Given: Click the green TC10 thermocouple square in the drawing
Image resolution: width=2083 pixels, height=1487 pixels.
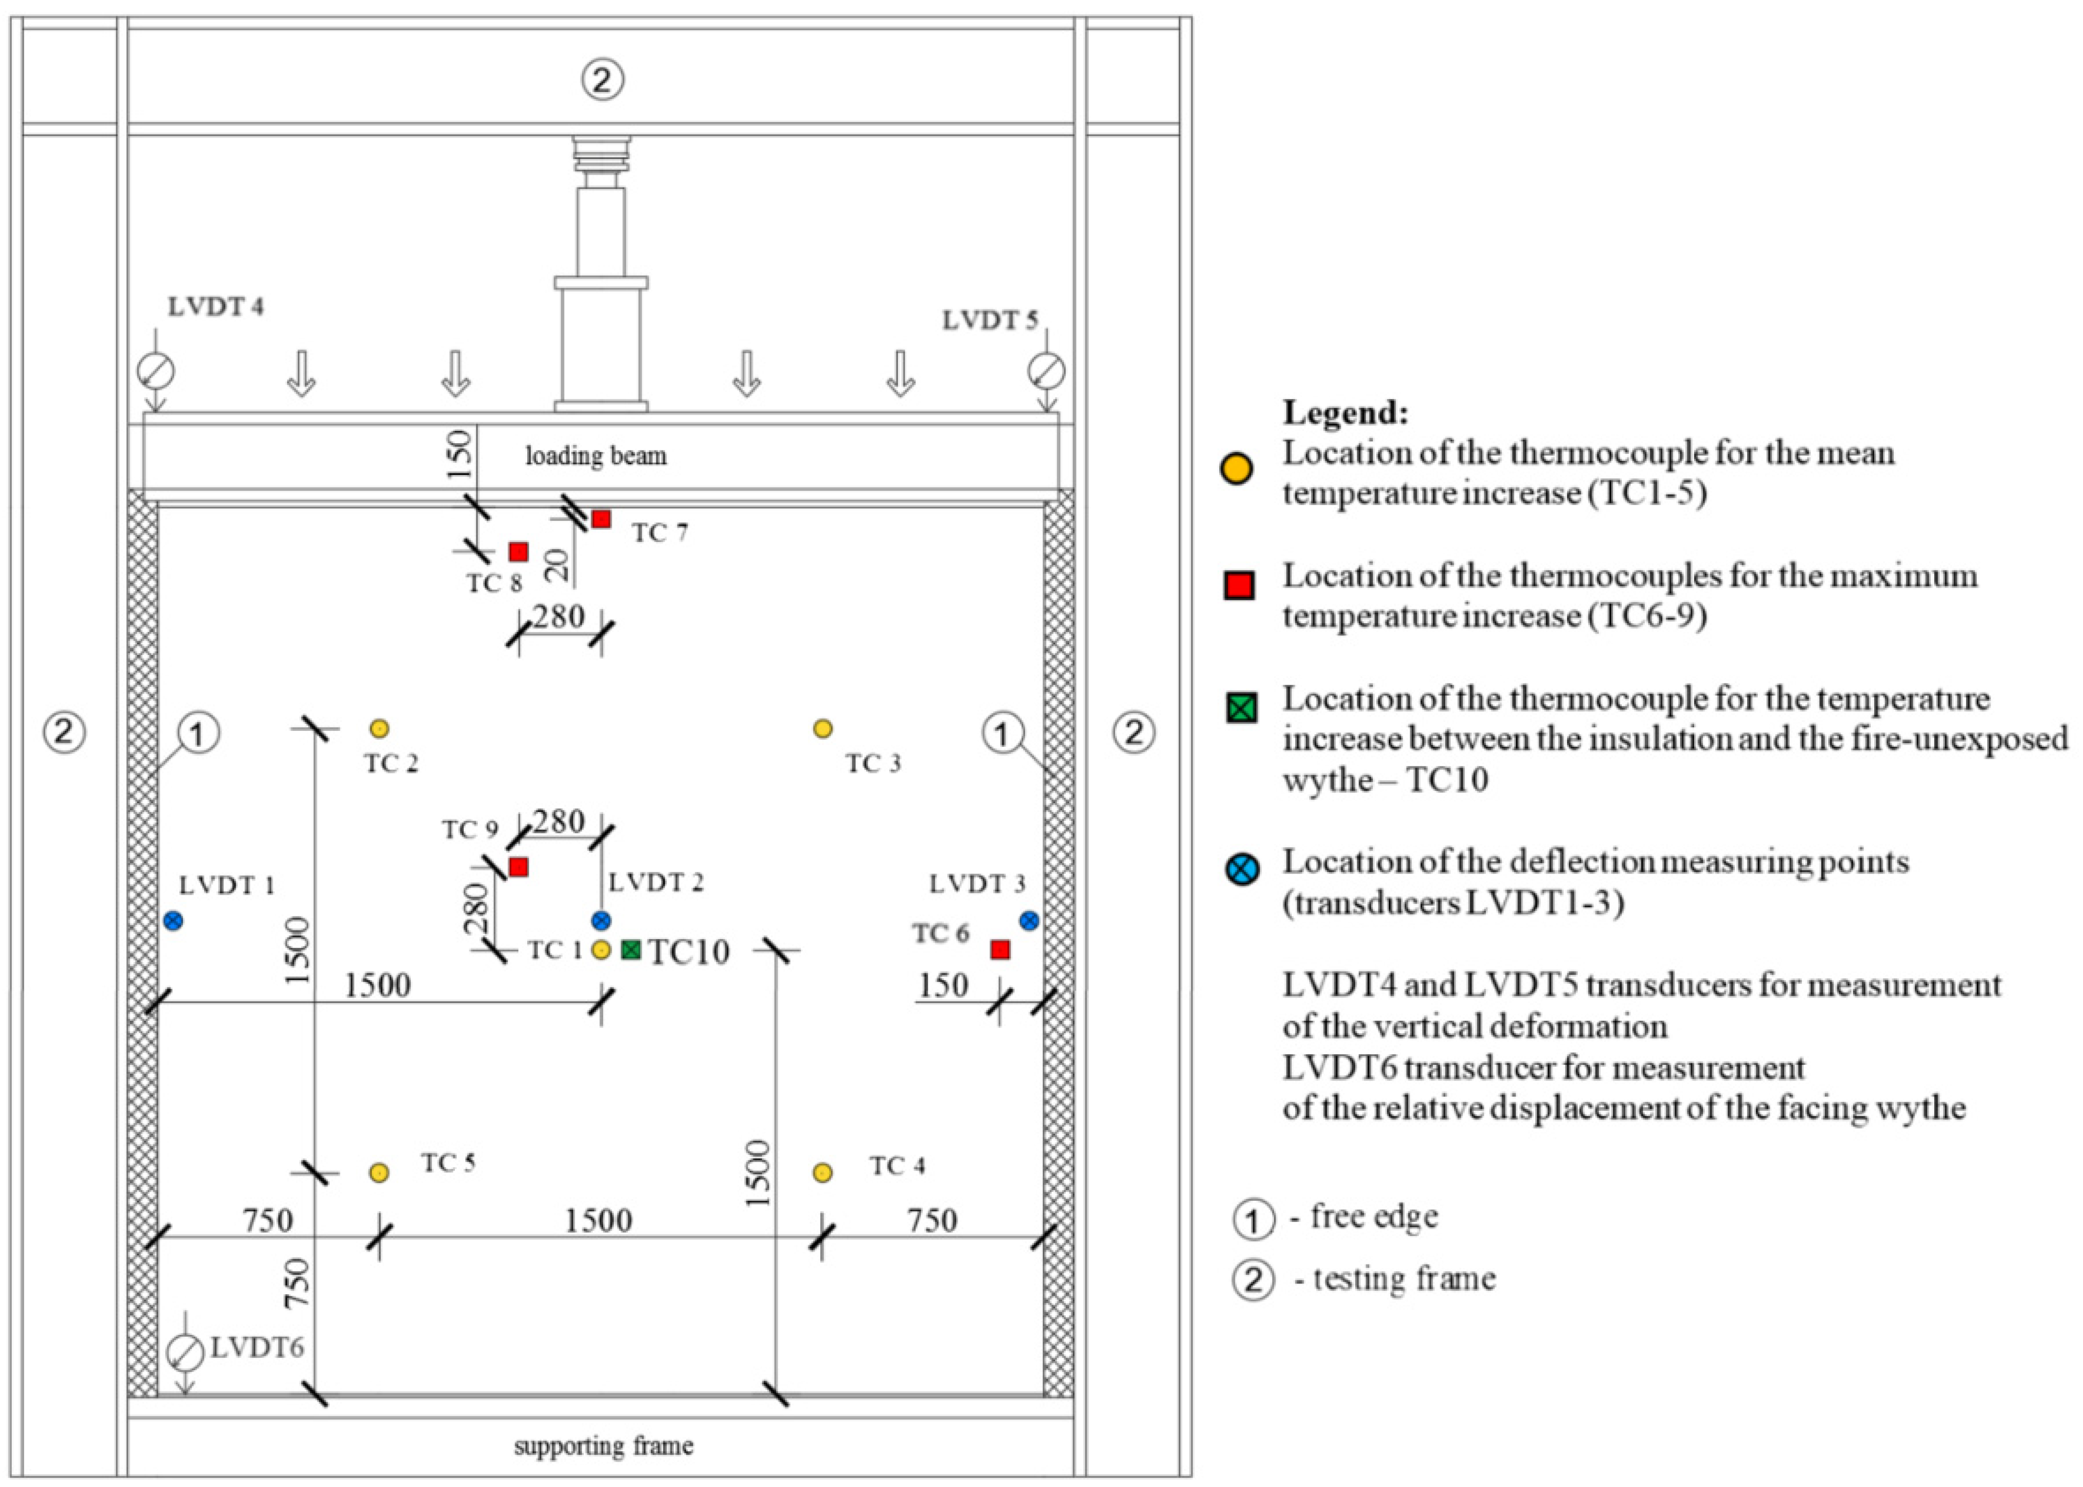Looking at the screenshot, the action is pos(631,949).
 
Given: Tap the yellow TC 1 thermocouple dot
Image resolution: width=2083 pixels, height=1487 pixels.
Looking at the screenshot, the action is pos(601,949).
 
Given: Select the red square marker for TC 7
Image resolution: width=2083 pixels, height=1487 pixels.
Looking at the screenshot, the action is pos(601,519).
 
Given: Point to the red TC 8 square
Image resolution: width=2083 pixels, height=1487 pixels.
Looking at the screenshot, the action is pos(518,551).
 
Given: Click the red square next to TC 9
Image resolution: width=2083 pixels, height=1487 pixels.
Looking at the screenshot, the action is pos(518,866).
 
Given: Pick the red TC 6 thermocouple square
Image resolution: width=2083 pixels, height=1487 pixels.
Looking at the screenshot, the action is pos(1000,949).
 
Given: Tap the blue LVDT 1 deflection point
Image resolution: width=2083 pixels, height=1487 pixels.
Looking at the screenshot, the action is pos(173,920).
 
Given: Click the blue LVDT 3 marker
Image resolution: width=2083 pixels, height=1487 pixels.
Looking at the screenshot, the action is pos(1029,920).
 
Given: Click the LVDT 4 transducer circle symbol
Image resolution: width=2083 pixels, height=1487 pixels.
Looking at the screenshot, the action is pos(156,371).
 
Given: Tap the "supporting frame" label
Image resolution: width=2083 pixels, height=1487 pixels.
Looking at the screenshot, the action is pos(604,1446).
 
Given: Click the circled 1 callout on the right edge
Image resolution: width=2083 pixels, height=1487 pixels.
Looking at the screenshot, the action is pos(1004,733).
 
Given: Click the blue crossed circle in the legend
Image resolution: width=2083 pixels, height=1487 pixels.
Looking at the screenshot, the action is pos(1242,868).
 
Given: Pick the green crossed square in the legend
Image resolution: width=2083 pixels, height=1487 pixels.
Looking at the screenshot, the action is pos(1242,707).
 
